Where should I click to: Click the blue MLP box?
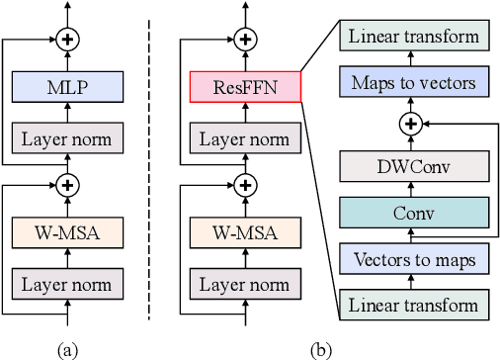(68, 87)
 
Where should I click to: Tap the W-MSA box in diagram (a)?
(68, 235)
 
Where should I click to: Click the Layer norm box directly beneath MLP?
(68, 138)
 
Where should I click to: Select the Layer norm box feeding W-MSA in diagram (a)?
(68, 286)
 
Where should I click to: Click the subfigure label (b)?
(321, 349)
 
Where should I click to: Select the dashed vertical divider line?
(149, 168)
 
